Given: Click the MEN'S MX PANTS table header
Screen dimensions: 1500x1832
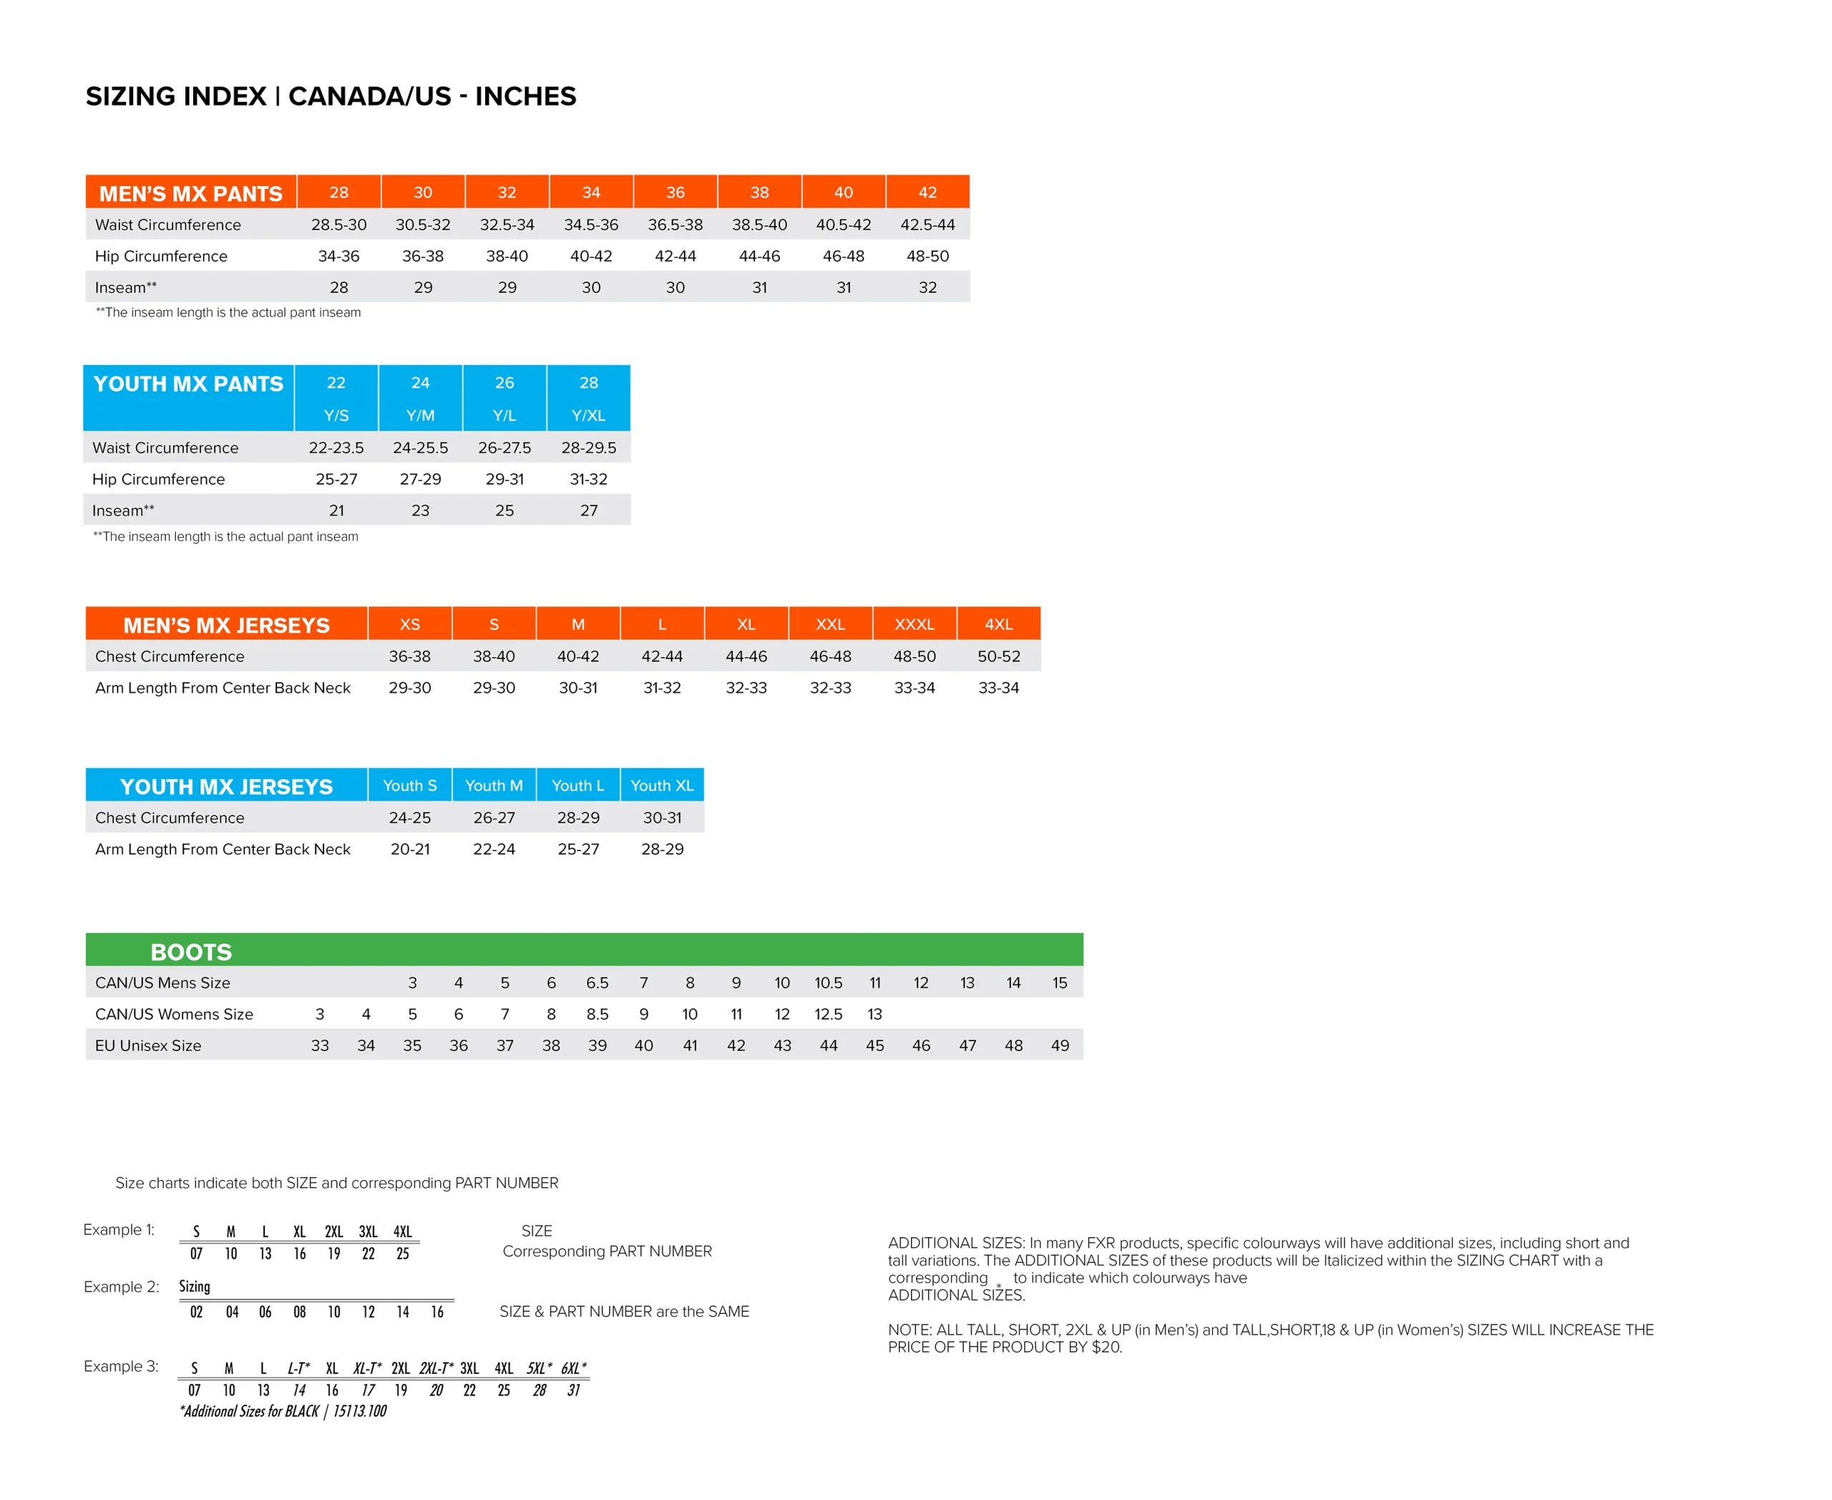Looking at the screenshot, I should click(190, 193).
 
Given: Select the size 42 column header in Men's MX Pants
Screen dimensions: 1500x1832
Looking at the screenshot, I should click(927, 193).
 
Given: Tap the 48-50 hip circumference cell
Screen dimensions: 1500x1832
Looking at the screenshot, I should click(927, 256).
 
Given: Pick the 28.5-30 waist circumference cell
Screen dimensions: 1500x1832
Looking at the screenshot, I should click(338, 225).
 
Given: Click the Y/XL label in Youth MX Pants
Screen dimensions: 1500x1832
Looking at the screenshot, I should click(588, 415).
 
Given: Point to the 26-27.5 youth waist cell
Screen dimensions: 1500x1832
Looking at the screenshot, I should click(505, 447).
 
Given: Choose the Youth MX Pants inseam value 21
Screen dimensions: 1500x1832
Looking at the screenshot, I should click(336, 511).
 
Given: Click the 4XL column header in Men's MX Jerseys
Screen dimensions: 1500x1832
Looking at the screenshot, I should click(998, 624).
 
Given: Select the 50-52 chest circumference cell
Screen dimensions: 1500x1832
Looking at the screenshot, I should click(998, 657).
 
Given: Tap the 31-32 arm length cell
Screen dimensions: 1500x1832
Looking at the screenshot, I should click(662, 688).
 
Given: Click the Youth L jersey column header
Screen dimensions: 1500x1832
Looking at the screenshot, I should click(578, 785).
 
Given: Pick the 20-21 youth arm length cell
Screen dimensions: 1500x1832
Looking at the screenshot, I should click(409, 849).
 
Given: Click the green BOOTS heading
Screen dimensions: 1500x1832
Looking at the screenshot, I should click(191, 952).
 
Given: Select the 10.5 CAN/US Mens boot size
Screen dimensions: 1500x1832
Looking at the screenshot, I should click(827, 983).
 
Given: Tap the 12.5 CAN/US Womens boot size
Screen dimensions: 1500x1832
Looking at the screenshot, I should click(827, 1015).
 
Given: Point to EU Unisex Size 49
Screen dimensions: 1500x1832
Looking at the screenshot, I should click(1059, 1045).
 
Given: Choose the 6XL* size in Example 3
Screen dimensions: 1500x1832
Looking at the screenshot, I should click(573, 1368).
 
